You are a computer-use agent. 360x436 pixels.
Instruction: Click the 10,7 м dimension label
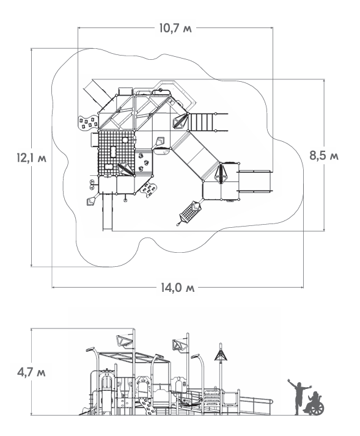click(175, 28)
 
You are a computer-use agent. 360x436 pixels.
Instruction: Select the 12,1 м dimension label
click(31, 158)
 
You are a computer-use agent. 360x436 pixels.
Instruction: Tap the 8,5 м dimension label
click(324, 156)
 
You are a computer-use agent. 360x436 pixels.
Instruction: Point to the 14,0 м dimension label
click(178, 288)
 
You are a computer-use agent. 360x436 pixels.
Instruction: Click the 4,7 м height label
click(31, 372)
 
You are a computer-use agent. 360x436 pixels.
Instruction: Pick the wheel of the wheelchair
click(317, 409)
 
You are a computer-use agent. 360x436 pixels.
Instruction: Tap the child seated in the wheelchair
click(313, 403)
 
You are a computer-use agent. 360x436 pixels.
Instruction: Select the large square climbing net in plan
click(116, 153)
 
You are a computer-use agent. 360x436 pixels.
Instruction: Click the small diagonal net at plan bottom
click(189, 213)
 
